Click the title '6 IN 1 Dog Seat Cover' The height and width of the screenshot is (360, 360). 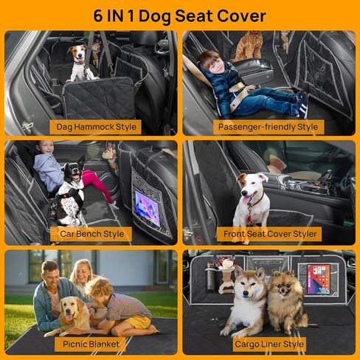[180, 14]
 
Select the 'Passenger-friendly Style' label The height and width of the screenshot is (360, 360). [268, 126]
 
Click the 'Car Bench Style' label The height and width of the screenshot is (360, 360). [92, 234]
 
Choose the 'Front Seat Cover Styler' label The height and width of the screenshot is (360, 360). [270, 234]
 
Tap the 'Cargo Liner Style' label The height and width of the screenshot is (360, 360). [269, 343]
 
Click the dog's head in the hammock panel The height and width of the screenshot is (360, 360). [77, 54]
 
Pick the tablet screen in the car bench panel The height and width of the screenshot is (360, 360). [145, 209]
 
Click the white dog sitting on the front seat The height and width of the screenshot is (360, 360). [251, 198]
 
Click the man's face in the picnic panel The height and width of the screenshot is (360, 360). [50, 274]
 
